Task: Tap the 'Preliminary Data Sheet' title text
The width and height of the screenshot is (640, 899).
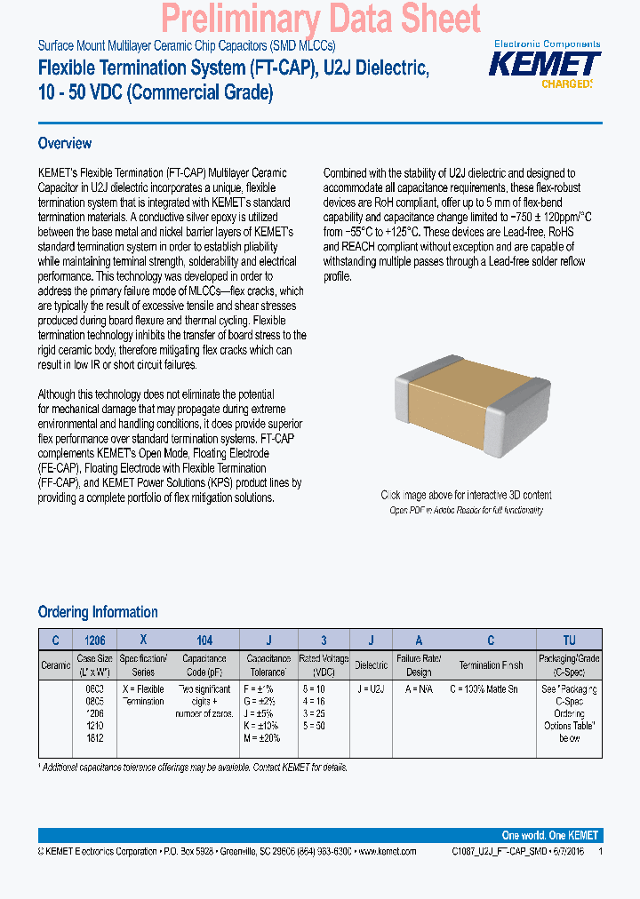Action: tap(321, 19)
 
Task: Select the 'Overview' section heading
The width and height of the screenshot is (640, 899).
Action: tap(65, 143)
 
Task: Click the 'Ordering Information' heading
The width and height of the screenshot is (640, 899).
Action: tap(98, 612)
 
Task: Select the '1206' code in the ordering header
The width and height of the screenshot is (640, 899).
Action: tap(94, 640)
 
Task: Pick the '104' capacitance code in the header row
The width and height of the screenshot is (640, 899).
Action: tap(204, 640)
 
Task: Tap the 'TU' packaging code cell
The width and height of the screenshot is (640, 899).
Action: tap(569, 640)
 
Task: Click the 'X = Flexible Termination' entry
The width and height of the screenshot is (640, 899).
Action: tap(142, 695)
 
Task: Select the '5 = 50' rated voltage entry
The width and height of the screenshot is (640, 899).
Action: tap(315, 726)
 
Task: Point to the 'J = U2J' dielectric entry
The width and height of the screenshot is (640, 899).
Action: tap(372, 688)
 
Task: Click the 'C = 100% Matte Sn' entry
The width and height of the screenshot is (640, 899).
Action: tap(490, 688)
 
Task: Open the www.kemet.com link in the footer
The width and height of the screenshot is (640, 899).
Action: tap(387, 851)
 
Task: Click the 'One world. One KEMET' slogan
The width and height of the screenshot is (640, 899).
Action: tap(549, 835)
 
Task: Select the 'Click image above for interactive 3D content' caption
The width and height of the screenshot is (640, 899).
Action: tap(466, 495)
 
